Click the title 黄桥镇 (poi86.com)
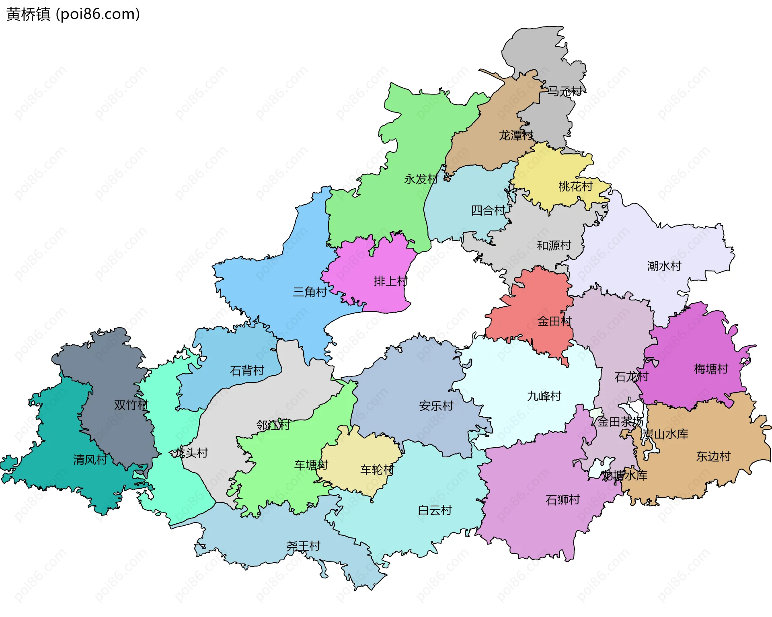73,14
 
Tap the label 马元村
565,91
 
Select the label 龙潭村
516,135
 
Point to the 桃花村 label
575,186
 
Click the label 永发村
421,179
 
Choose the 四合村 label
488,210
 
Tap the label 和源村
554,245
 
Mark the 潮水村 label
664,266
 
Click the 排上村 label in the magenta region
390,281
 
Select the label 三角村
310,292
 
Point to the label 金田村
554,321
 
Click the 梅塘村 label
711,369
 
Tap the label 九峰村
544,396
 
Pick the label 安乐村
436,405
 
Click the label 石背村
247,370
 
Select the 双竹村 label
131,405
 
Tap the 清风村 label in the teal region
90,459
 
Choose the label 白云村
435,510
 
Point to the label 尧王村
303,546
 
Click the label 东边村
713,456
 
